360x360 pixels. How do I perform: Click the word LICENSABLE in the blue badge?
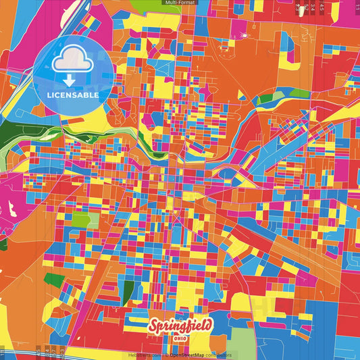[x=73, y=95]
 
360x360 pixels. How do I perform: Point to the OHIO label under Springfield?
[x=181, y=338]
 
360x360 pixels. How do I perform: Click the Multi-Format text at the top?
[x=180, y=3]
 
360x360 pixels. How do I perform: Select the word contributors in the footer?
[x=217, y=355]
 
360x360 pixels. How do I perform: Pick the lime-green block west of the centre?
[x=80, y=220]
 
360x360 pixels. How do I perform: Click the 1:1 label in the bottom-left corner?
[x=3, y=351]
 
